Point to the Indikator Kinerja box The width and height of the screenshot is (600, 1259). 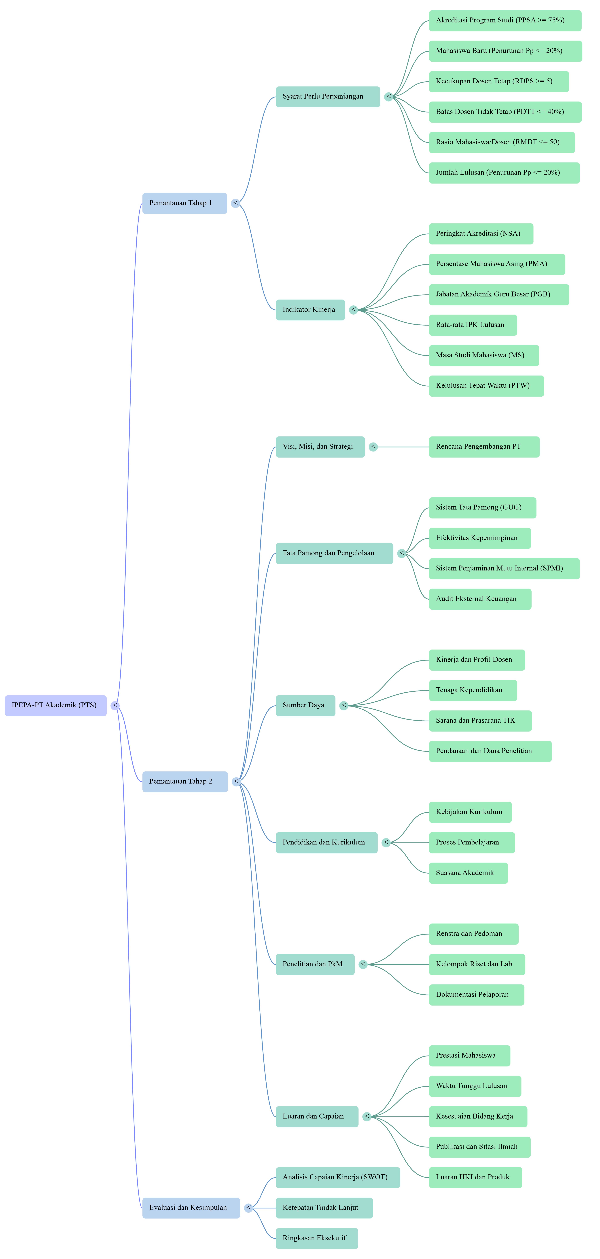pos(310,310)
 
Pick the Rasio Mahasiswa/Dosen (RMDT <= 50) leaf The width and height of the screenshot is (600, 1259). pos(501,142)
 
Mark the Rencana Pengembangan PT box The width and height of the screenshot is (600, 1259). pos(484,447)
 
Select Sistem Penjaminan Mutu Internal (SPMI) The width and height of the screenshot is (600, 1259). pos(504,568)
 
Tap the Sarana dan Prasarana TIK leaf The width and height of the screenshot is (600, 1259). pos(480,721)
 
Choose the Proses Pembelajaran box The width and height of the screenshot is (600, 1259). pos(472,843)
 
